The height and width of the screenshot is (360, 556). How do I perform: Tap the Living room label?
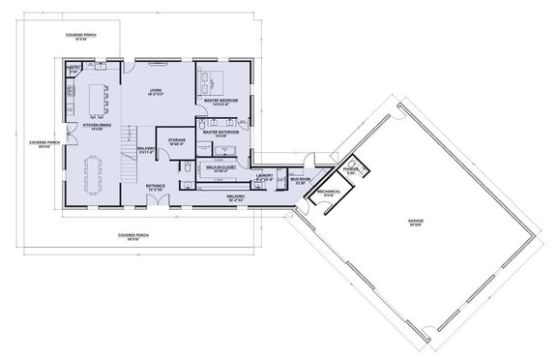(x=155, y=92)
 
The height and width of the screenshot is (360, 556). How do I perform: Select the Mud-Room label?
(x=301, y=179)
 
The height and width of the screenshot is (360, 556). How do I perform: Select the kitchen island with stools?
(x=96, y=98)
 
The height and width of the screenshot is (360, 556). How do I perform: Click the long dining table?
(x=96, y=174)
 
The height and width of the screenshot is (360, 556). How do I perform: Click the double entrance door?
(x=159, y=206)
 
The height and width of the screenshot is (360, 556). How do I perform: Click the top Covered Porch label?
(x=81, y=35)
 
